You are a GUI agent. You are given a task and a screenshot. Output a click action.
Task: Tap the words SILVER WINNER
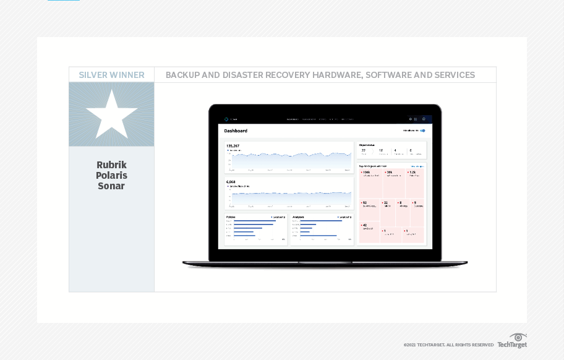111,75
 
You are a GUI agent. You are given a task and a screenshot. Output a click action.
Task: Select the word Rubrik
111,165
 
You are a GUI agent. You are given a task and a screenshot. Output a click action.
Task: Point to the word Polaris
111,175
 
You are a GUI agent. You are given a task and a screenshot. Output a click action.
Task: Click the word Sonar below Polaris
111,186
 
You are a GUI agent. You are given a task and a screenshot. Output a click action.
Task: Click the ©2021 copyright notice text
448,345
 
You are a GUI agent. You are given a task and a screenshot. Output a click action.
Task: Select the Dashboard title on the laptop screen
236,131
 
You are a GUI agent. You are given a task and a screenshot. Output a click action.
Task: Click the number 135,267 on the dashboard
233,146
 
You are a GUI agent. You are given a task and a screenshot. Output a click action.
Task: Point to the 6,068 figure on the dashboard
231,182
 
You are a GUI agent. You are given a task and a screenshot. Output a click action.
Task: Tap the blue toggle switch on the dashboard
422,131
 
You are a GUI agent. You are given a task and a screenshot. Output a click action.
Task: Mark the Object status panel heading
367,145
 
